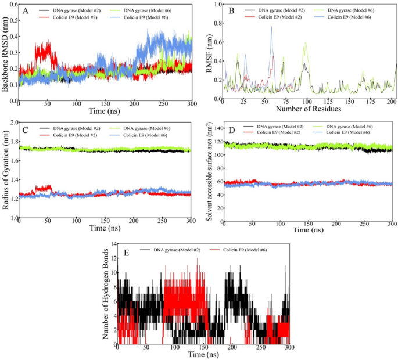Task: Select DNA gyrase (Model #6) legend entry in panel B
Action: click(347, 10)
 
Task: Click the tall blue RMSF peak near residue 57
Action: click(271, 27)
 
